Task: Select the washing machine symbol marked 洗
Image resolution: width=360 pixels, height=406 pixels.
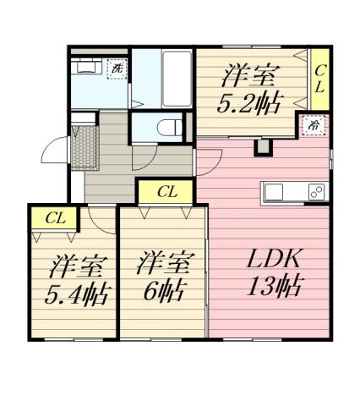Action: [117, 68]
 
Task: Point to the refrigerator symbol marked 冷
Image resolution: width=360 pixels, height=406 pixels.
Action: [314, 126]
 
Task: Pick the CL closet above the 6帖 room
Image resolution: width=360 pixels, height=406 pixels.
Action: [166, 192]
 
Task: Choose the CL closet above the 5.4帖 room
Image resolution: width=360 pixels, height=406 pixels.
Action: [55, 218]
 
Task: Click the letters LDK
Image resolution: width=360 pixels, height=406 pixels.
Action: [270, 258]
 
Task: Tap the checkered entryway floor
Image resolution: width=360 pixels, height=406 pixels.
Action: [85, 147]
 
